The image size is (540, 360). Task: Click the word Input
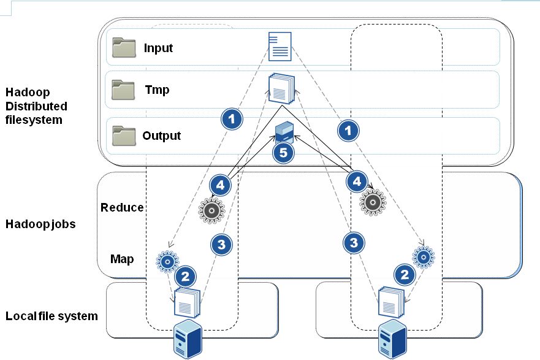[158, 48]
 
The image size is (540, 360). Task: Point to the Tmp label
[157, 90]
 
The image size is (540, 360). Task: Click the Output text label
[161, 136]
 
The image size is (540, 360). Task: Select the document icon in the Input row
[280, 46]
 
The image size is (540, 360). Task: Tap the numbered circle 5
[283, 153]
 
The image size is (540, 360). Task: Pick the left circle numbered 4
[221, 184]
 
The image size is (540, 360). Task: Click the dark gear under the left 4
[211, 210]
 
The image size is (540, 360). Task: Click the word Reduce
[122, 207]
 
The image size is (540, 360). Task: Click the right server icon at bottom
[390, 339]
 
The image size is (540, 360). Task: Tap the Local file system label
[51, 316]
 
